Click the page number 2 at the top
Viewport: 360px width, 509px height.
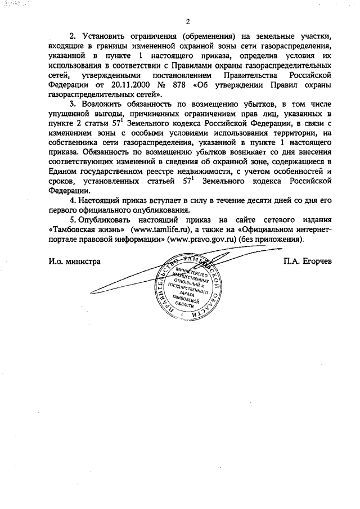tap(188, 21)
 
